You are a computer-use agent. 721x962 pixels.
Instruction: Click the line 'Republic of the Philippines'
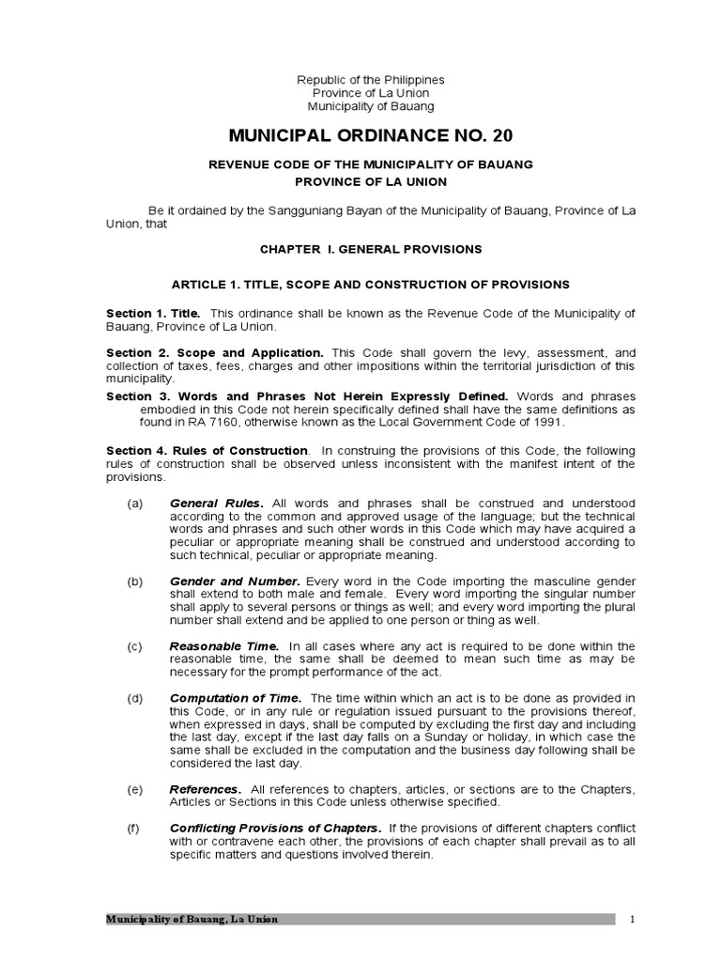point(371,80)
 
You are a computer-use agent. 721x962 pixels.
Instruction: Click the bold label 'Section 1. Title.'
point(153,313)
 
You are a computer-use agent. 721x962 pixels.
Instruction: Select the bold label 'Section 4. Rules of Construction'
point(207,451)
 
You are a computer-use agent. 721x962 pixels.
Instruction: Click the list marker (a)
point(135,504)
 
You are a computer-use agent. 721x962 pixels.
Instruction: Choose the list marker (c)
point(135,646)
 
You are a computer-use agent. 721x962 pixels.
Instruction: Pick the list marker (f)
point(135,829)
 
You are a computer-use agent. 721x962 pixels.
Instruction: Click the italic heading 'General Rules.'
point(217,504)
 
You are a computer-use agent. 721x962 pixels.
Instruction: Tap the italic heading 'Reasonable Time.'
point(224,646)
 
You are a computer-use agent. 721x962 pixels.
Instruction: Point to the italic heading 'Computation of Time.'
point(236,698)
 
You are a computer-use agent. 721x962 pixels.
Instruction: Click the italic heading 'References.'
point(206,789)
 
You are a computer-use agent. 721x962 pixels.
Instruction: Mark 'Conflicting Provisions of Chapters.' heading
point(275,829)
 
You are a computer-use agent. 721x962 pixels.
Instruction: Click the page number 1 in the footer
point(634,919)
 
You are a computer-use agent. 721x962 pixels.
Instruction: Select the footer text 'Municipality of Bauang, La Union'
point(192,919)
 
